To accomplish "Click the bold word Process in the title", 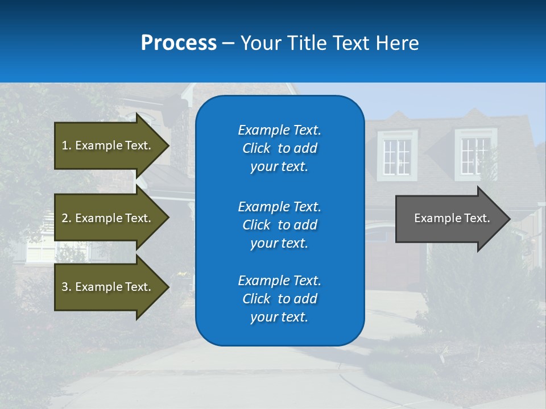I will pos(179,43).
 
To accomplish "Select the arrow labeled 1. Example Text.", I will pos(108,145).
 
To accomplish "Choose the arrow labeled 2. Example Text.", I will pos(108,218).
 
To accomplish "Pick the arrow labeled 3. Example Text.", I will pos(108,287).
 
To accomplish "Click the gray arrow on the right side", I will pos(449,218).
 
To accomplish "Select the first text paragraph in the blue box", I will pos(279,148).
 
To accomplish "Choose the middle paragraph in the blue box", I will pos(279,224).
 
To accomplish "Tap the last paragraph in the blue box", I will pos(279,299).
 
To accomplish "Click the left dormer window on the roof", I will pos(397,155).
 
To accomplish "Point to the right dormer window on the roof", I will pos(475,155).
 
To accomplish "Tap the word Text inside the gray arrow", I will pos(477,218).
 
